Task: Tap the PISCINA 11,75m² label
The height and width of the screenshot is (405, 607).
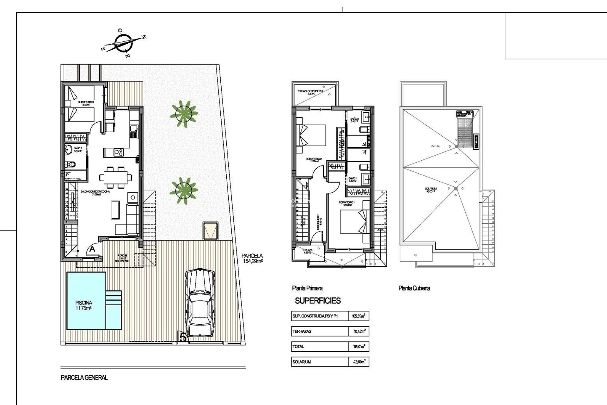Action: tap(84, 305)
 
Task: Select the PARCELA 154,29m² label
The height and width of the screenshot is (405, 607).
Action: tap(252, 258)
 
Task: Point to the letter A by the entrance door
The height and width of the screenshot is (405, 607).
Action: tap(92, 249)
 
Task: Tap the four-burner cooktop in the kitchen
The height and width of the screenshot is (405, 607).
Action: tap(119, 153)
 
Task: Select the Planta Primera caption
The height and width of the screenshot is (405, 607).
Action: tap(307, 288)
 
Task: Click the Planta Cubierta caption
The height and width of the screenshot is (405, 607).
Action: tap(414, 288)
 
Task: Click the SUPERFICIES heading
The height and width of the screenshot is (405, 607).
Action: tap(318, 301)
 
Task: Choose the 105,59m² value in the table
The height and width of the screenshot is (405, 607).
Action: tap(359, 316)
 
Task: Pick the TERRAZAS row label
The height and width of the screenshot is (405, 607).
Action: tap(302, 331)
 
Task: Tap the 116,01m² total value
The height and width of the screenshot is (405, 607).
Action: tap(359, 346)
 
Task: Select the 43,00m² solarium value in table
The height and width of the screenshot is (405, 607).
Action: tap(359, 362)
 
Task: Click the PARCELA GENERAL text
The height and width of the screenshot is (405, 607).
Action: tap(84, 377)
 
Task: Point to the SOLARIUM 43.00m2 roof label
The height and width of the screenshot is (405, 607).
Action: tap(431, 190)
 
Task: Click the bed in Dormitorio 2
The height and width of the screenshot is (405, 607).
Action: tap(311, 135)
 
